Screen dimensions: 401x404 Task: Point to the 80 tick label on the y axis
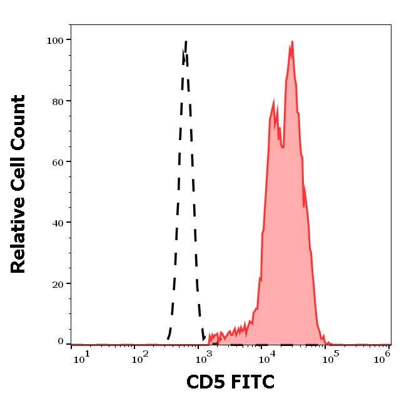click(x=57, y=101)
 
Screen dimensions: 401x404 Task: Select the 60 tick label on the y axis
click(x=57, y=162)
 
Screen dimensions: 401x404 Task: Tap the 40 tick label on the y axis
click(x=57, y=223)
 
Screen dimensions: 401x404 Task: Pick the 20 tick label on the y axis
click(x=57, y=283)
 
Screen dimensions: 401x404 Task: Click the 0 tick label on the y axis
click(x=61, y=342)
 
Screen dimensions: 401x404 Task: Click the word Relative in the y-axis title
click(x=19, y=234)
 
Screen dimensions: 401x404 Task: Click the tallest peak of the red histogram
click(x=292, y=42)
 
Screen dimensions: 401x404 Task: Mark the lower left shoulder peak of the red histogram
click(x=274, y=99)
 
